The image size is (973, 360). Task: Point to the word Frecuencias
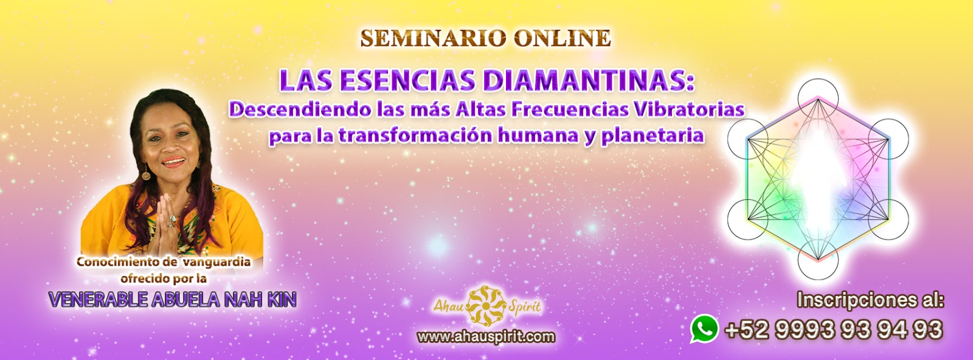coord(570,109)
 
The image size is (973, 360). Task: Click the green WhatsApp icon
coord(704,328)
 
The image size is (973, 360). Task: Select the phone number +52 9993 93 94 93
coord(834,329)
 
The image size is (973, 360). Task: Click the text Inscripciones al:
coord(870,300)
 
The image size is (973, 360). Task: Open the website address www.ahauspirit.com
coord(486,336)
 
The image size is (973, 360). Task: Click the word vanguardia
coord(216,262)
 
